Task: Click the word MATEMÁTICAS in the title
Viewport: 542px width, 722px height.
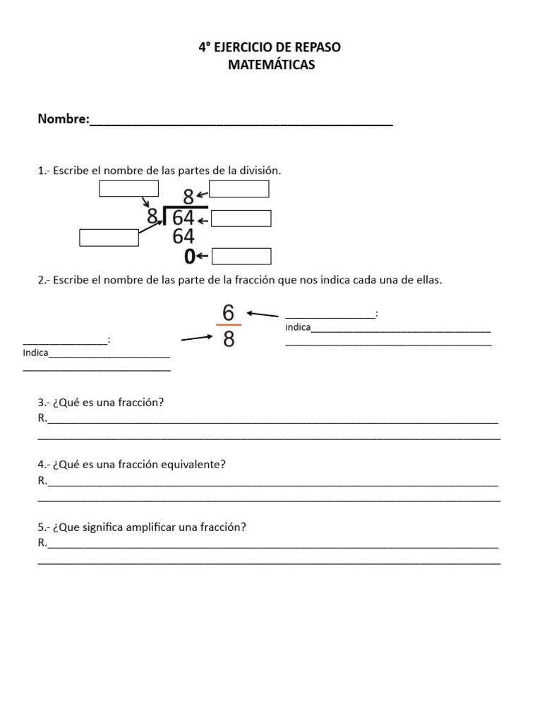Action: click(x=271, y=65)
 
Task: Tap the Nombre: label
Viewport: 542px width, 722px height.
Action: click(x=64, y=119)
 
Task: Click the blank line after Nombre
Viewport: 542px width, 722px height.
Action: click(x=241, y=121)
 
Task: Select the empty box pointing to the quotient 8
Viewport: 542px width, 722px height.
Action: click(x=239, y=189)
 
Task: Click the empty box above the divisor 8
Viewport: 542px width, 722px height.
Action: click(x=128, y=188)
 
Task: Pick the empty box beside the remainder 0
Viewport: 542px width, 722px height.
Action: click(x=241, y=256)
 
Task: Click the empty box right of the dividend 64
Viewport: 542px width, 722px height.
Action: click(x=241, y=219)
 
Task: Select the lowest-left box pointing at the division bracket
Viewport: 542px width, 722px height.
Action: click(x=109, y=238)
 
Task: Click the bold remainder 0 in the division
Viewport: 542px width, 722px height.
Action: click(x=189, y=257)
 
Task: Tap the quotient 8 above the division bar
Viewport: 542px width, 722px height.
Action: click(x=188, y=197)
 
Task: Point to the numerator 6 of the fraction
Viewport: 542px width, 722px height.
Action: click(x=228, y=312)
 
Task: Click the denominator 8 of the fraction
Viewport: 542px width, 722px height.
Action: click(x=228, y=340)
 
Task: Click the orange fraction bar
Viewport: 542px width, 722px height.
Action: click(x=228, y=325)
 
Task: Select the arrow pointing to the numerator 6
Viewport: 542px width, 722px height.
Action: click(x=263, y=314)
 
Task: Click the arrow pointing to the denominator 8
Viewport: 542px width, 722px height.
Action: click(x=197, y=338)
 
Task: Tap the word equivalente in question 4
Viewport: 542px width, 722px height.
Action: click(x=191, y=465)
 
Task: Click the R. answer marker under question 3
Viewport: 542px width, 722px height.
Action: click(x=42, y=418)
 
